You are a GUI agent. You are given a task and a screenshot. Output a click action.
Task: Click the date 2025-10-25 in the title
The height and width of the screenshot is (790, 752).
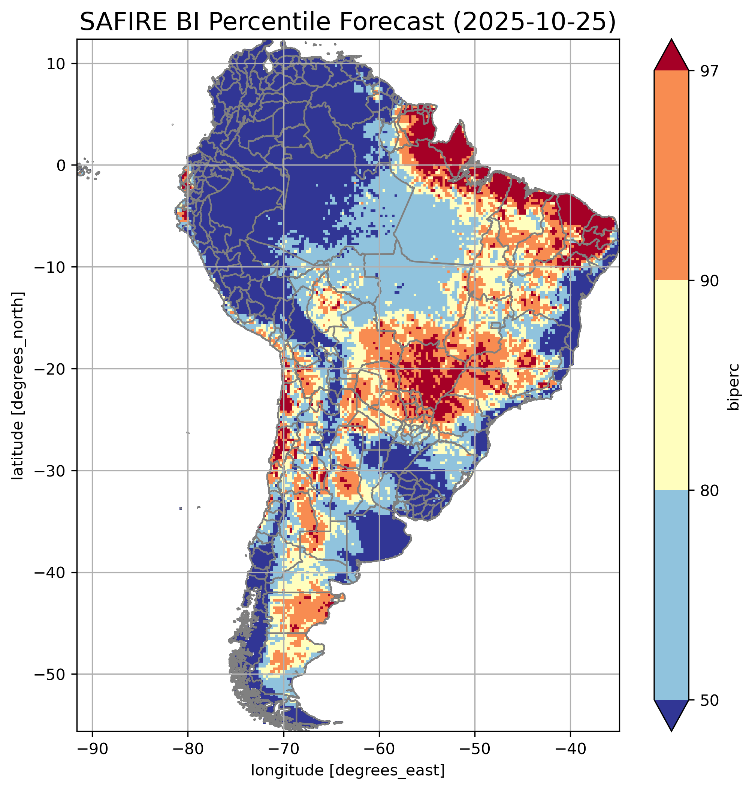[533, 22]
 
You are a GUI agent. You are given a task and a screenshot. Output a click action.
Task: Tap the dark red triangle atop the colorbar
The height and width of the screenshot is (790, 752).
[671, 56]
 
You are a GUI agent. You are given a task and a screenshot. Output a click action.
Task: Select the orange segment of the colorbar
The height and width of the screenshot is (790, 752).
[671, 176]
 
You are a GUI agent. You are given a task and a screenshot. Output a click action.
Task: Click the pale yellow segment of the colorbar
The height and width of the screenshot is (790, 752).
[671, 385]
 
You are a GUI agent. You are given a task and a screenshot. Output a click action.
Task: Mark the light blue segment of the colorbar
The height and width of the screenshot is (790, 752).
[671, 595]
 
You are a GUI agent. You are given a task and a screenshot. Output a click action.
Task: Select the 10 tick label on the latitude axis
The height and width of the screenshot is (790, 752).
[56, 64]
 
